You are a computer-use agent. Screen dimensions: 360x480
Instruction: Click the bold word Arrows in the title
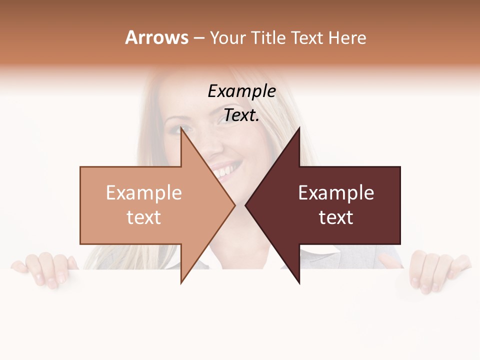pos(156,37)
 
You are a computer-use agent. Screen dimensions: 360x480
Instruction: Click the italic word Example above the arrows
pos(241,91)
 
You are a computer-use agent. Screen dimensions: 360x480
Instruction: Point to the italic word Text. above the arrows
pos(241,115)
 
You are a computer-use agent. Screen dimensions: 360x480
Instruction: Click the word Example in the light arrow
pos(143,193)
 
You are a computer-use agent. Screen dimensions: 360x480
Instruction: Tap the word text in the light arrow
pos(143,217)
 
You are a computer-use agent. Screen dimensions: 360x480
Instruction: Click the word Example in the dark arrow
pos(336,193)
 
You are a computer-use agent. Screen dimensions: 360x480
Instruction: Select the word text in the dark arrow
pos(336,217)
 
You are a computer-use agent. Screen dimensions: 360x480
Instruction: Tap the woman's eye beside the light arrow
pos(174,129)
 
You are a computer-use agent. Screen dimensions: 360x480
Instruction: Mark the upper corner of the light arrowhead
pos(181,129)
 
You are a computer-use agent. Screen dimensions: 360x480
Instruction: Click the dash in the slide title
pos(198,38)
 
